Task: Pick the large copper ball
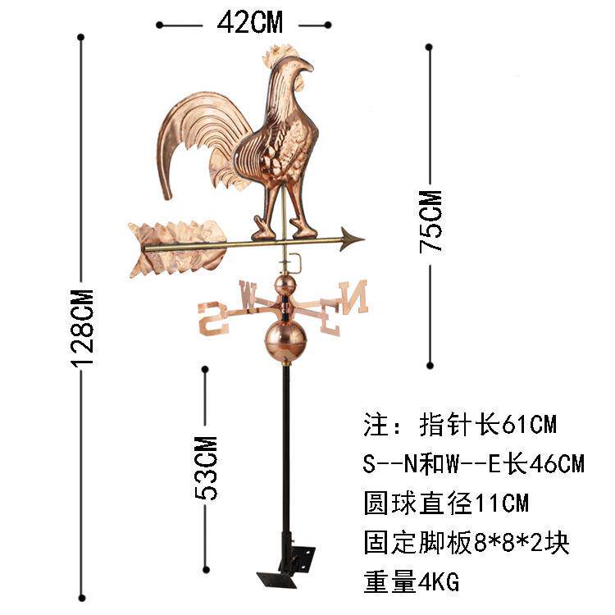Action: [285, 338]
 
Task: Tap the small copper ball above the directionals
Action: [284, 285]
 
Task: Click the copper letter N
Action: [353, 296]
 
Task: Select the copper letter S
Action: [213, 317]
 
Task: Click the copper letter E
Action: [329, 320]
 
